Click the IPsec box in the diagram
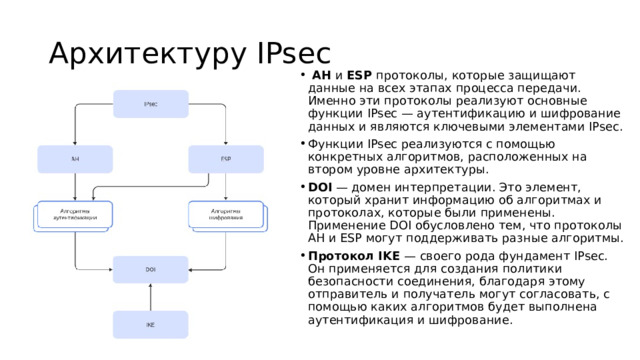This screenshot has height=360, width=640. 150,104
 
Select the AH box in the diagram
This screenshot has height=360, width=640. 75,159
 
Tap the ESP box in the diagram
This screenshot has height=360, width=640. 225,159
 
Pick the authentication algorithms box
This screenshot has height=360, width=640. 75,214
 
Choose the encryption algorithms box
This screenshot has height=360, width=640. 225,214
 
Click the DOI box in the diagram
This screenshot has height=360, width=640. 150,270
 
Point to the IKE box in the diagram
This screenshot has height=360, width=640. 150,325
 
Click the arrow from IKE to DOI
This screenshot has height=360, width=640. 150,298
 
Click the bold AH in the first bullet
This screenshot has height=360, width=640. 322,75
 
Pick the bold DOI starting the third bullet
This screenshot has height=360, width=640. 321,187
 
